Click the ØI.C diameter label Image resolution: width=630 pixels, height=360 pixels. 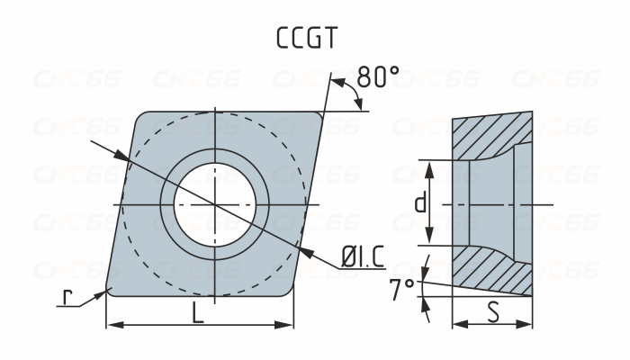point(362,258)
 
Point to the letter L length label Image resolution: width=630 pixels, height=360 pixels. point(198,314)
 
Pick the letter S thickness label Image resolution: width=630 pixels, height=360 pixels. point(492,314)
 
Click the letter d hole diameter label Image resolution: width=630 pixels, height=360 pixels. point(419,203)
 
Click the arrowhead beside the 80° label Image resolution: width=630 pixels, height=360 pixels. point(359,104)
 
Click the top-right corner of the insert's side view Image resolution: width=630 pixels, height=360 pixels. point(532,112)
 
